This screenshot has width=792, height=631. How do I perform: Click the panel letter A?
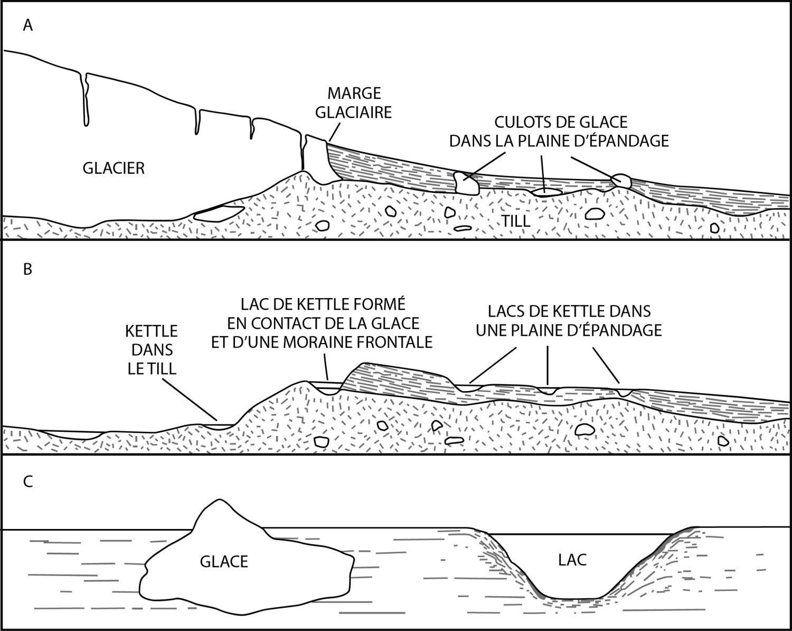28,26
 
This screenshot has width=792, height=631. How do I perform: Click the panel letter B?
27,270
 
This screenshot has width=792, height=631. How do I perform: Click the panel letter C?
28,481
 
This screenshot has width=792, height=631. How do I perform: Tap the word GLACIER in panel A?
114,169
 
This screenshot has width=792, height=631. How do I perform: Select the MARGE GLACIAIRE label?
354,103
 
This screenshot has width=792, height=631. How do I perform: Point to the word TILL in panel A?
516,221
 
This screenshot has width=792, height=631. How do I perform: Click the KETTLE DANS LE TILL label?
152,350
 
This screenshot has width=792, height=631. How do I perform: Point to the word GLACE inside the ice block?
224,562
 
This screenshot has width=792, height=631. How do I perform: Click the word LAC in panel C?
572,560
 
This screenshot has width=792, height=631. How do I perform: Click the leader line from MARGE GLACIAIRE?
335,131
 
